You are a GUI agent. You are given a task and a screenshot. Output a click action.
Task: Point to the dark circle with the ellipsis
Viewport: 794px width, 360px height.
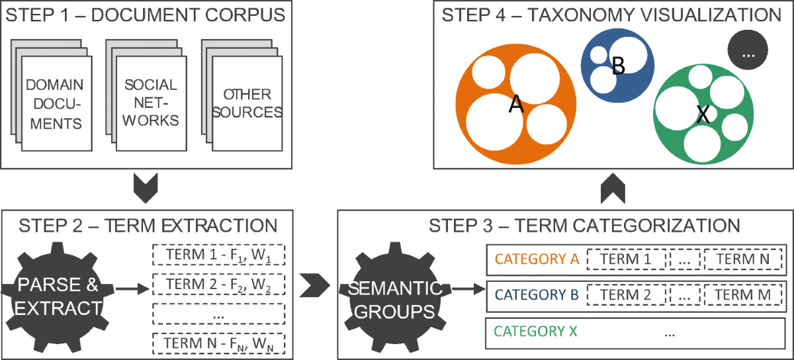click(748, 53)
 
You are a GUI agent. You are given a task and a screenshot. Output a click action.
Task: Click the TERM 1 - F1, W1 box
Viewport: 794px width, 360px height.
click(218, 255)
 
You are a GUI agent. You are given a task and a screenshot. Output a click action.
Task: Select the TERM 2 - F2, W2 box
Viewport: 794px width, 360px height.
click(218, 284)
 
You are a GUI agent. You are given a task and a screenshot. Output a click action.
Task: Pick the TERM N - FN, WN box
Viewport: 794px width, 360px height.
click(218, 344)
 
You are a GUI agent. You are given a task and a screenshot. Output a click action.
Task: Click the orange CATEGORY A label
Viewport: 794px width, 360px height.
click(537, 259)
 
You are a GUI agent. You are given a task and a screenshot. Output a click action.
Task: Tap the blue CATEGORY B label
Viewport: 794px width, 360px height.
click(537, 294)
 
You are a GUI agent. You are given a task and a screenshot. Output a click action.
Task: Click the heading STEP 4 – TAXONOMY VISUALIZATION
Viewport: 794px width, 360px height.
click(613, 15)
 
